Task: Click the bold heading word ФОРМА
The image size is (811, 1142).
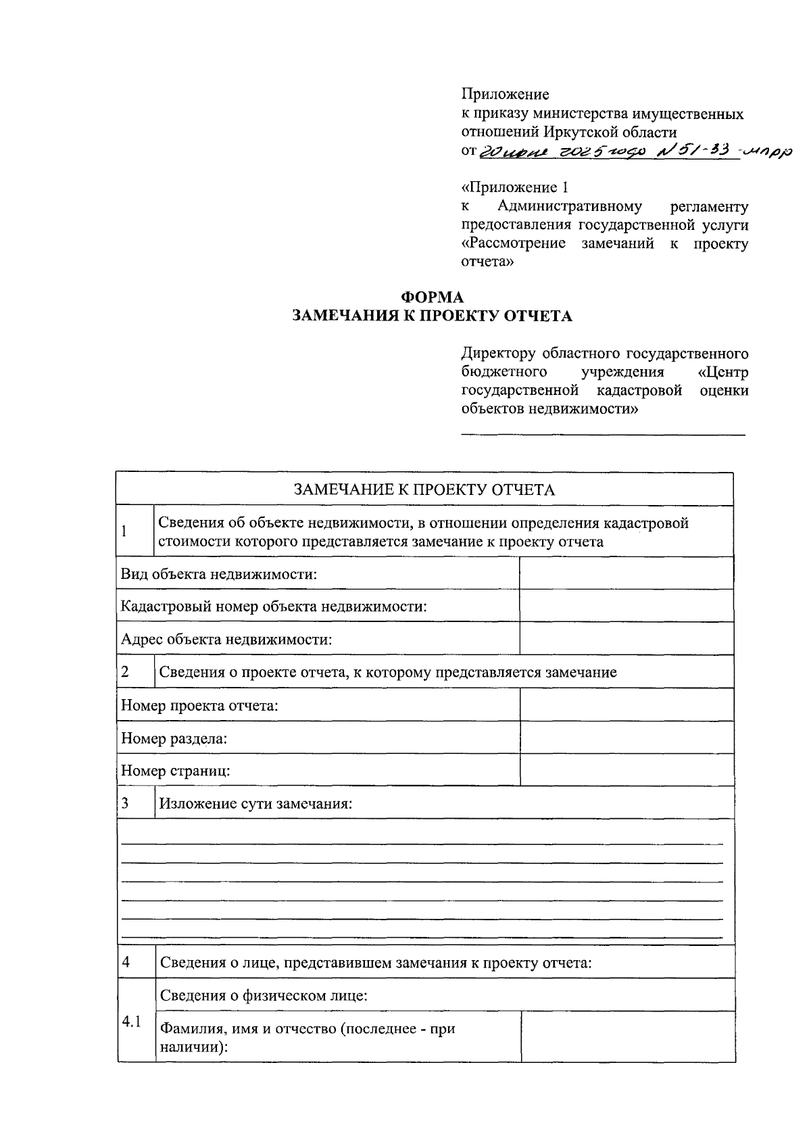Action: pyautogui.click(x=433, y=298)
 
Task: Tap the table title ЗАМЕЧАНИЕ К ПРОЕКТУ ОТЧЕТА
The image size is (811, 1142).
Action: pyautogui.click(x=424, y=490)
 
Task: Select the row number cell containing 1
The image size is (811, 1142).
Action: pyautogui.click(x=134, y=531)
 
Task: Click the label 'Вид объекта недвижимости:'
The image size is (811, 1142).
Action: pyautogui.click(x=219, y=574)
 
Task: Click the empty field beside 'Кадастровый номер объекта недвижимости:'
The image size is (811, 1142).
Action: pyautogui.click(x=626, y=606)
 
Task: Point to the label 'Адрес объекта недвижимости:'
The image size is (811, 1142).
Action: pyautogui.click(x=226, y=639)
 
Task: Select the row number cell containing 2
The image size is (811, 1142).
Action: pyautogui.click(x=134, y=671)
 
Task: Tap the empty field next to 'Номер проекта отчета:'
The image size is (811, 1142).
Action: pyautogui.click(x=626, y=705)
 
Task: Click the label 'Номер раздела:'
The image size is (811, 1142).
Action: pyautogui.click(x=174, y=738)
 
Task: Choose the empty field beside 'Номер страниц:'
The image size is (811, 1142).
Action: pyautogui.click(x=626, y=770)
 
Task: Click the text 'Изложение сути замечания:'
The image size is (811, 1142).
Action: pyautogui.click(x=255, y=803)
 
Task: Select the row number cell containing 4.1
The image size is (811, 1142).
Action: pyautogui.click(x=134, y=1022)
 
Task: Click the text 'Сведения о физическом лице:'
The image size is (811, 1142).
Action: pyautogui.click(x=264, y=995)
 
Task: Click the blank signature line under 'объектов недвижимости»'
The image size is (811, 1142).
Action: pyautogui.click(x=603, y=434)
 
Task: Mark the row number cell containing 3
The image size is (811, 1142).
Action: pyautogui.click(x=134, y=803)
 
